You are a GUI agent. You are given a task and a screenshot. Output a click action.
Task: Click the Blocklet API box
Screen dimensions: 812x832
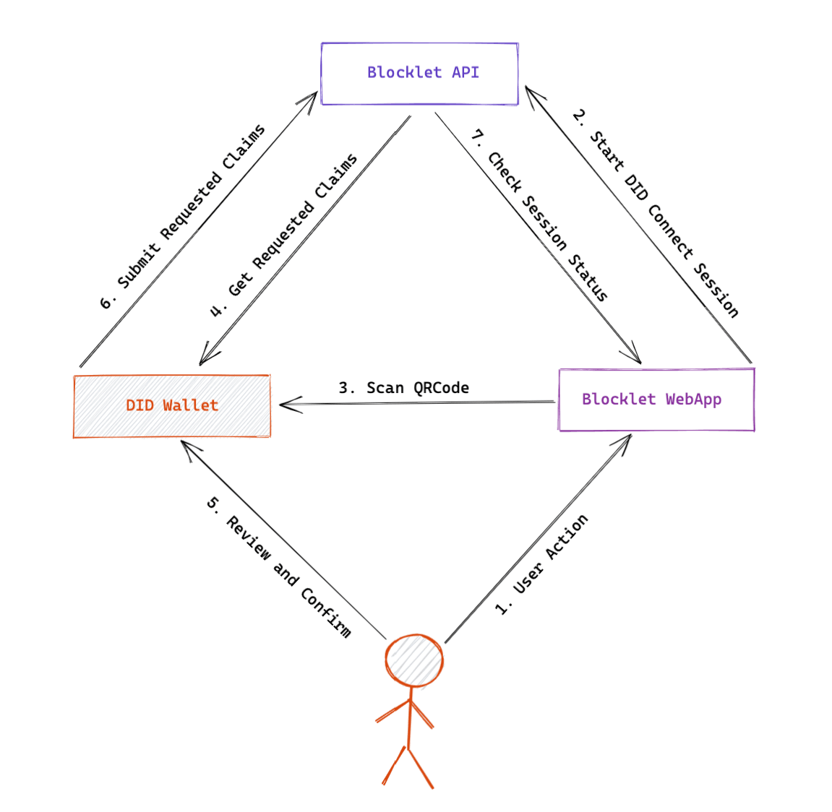419,74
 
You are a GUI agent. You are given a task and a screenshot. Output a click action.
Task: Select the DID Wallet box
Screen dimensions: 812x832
172,406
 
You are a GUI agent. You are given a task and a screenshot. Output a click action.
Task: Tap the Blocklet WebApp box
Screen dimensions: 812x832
656,399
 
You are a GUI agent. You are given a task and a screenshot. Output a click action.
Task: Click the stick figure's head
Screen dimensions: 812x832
413,660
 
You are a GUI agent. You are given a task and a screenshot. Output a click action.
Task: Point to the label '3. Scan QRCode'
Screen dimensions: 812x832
403,388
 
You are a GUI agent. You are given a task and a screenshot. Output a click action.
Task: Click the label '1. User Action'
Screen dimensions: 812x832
541,565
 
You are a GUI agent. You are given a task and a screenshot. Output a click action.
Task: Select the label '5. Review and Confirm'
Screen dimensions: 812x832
279,576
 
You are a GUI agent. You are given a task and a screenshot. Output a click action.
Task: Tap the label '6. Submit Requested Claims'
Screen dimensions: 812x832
182,217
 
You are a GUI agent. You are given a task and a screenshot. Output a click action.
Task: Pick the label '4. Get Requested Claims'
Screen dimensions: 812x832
283,236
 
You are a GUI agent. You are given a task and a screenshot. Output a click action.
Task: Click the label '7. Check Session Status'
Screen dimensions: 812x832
539,215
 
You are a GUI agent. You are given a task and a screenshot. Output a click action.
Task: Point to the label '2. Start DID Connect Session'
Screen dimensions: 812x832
655,214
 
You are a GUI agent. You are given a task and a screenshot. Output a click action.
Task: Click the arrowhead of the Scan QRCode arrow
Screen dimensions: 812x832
283,405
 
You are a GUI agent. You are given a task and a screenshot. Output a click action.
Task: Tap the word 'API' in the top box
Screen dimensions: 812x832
466,72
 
